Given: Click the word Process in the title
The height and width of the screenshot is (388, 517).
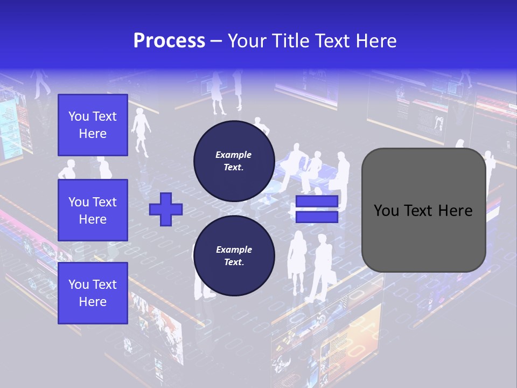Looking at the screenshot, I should click(169, 41).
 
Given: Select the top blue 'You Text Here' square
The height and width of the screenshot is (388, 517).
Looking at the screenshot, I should click(93, 125).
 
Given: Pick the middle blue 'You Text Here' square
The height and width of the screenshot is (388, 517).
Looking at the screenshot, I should click(93, 210).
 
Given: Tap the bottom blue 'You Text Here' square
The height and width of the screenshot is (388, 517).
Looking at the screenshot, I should click(93, 293).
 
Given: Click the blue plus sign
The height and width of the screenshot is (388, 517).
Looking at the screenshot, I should click(166, 209).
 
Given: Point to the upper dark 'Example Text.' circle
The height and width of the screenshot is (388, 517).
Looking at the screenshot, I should click(234, 161).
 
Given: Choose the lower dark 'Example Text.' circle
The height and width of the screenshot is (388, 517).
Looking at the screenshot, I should click(234, 256).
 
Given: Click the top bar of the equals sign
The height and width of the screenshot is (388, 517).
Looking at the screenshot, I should click(317, 202).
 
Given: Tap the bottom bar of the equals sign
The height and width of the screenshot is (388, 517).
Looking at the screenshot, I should click(317, 217).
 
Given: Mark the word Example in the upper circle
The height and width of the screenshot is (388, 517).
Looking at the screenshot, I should click(234, 155).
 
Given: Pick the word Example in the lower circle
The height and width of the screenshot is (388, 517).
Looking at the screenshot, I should click(234, 250).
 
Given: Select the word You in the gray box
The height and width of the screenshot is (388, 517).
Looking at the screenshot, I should click(386, 211).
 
